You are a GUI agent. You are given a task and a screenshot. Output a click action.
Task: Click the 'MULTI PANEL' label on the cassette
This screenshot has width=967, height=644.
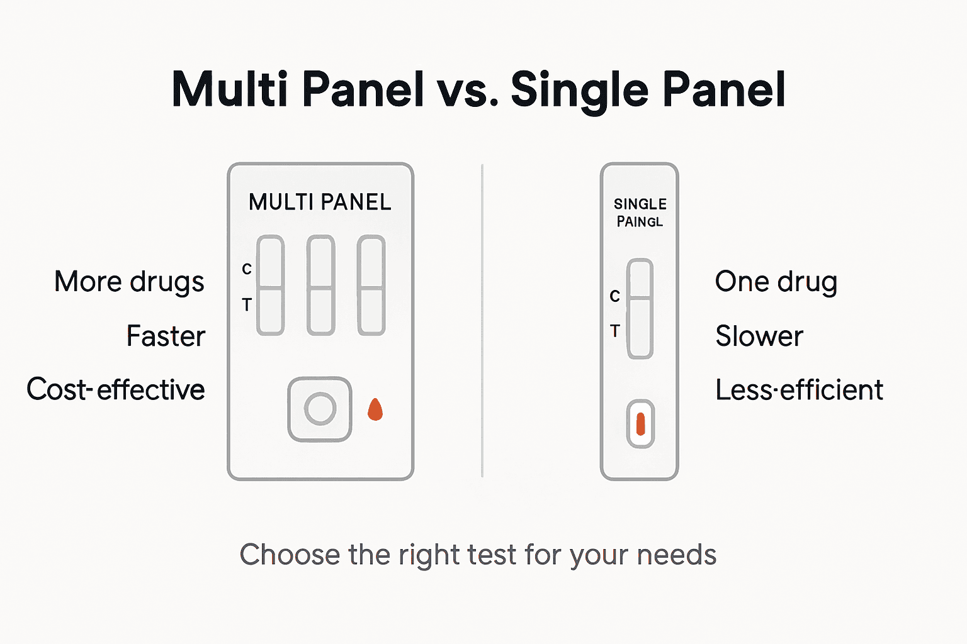click(320, 202)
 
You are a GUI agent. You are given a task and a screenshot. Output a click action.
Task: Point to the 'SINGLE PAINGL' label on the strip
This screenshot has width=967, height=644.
click(640, 213)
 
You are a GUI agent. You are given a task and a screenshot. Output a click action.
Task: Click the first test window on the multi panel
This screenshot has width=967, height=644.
click(271, 286)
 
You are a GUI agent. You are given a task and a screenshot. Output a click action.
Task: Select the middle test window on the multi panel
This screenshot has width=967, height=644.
click(320, 286)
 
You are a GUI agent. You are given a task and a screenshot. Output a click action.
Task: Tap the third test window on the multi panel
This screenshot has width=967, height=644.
click(371, 286)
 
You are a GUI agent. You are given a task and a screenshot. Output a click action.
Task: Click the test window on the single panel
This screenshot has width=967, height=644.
click(640, 309)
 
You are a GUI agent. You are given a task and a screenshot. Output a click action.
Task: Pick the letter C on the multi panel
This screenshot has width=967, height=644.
click(247, 269)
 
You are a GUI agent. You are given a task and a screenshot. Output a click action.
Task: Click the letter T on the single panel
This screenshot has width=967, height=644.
click(615, 331)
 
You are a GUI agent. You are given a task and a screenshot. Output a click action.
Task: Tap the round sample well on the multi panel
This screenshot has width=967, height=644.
click(320, 409)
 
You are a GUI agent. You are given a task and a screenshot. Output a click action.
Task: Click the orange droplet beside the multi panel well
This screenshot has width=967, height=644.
click(375, 409)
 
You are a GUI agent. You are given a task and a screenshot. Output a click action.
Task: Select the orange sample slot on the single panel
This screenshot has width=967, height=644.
click(640, 424)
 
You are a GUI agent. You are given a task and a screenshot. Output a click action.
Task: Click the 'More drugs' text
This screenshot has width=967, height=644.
click(129, 282)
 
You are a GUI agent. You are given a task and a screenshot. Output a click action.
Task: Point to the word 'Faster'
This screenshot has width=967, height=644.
click(166, 336)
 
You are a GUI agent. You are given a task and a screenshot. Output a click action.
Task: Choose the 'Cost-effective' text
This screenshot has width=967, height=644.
click(116, 389)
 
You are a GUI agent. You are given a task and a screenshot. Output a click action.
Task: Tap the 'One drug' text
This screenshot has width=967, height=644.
click(776, 282)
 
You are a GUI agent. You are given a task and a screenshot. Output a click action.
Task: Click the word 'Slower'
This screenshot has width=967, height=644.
click(759, 336)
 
